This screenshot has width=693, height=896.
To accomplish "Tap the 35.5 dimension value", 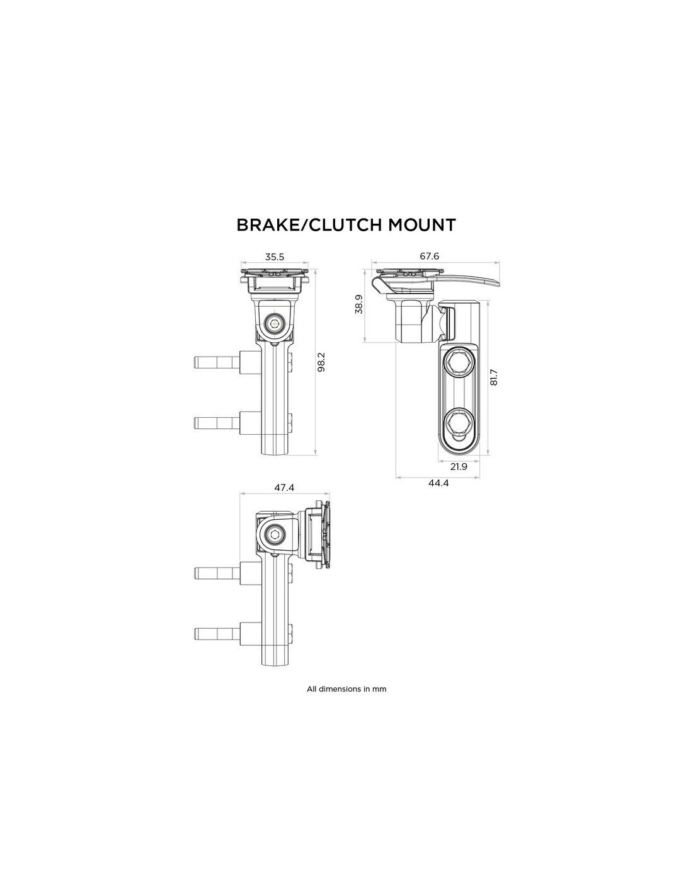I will coord(275,256).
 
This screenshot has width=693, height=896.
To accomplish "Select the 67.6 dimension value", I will coord(429,256).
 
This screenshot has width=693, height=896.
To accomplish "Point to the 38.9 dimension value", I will coord(358,304).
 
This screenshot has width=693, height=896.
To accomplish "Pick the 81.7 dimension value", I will coord(493,377).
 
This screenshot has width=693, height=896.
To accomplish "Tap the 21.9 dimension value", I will coord(459,466).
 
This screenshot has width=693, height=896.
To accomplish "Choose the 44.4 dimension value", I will coord(439,483).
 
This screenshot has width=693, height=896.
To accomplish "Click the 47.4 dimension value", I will coord(283,488).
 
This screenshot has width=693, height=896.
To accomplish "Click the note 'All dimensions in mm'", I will coord(346,689).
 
